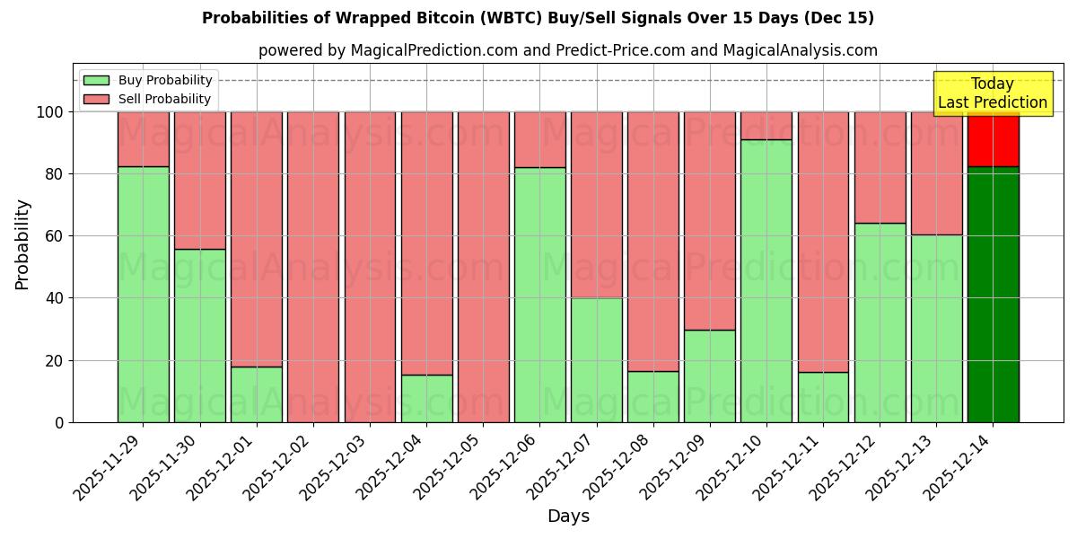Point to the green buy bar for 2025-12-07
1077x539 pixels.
596,359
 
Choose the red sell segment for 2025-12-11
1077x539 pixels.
823,242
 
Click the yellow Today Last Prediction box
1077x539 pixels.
993,93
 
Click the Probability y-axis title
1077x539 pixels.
22,243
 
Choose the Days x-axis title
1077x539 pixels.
568,517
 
